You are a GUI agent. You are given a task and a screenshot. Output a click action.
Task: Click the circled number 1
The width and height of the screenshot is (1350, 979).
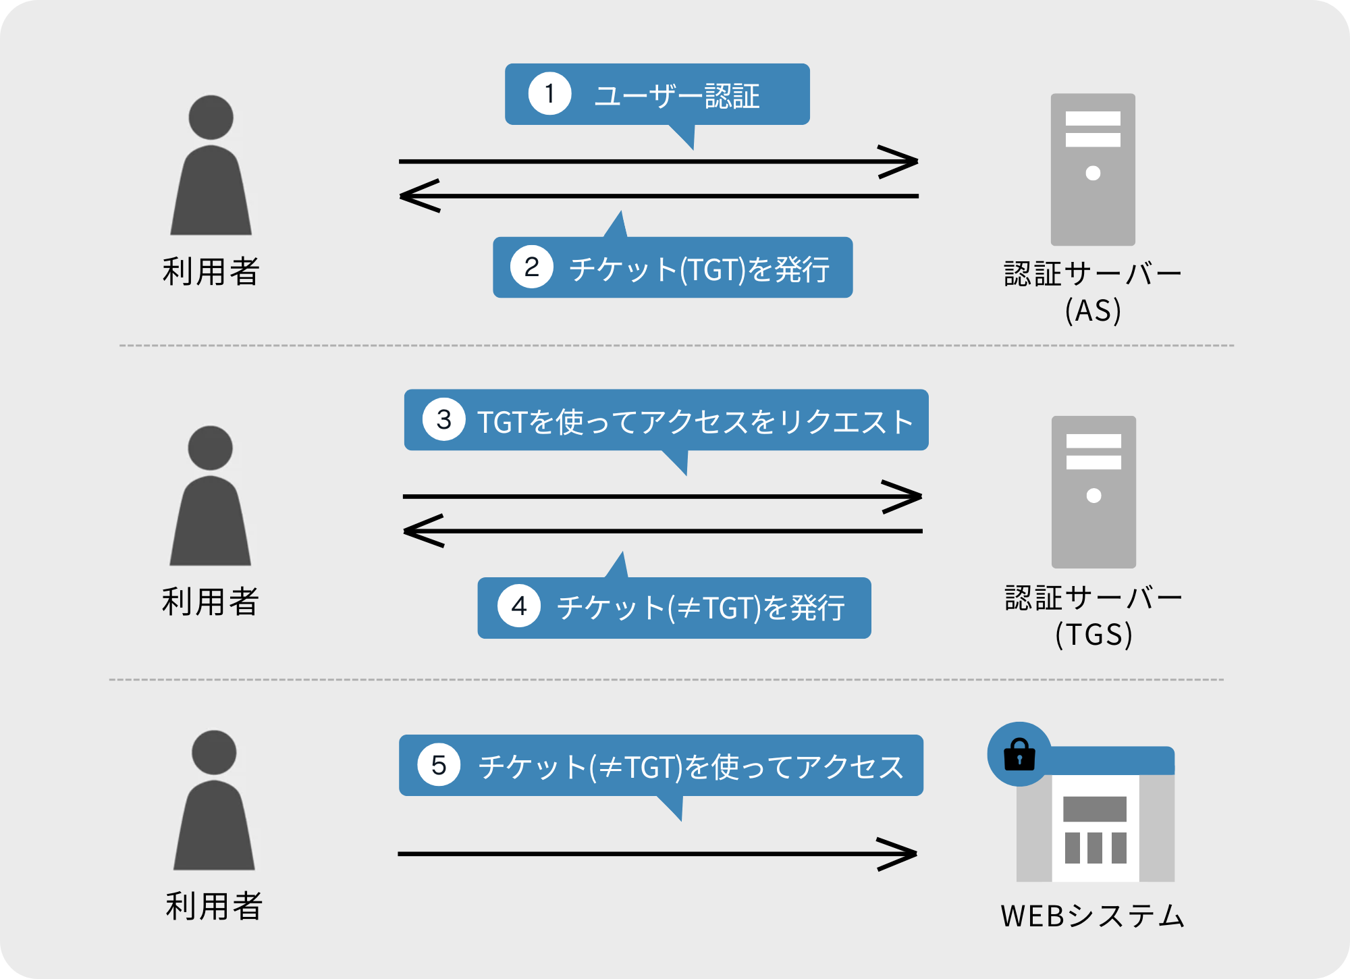click(x=549, y=94)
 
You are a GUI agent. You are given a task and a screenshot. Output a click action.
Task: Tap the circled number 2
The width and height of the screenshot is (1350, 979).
click(x=532, y=267)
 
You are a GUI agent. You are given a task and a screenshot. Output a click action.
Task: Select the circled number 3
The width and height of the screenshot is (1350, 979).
click(x=443, y=420)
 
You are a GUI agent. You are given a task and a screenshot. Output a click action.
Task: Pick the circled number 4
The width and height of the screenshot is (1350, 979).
click(x=519, y=606)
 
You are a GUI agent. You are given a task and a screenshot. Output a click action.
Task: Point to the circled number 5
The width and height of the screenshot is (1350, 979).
click(x=439, y=766)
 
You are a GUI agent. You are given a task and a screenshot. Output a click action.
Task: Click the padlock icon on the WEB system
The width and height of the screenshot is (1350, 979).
click(x=1019, y=755)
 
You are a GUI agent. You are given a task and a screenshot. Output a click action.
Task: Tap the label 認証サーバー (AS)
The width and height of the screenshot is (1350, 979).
click(x=1093, y=292)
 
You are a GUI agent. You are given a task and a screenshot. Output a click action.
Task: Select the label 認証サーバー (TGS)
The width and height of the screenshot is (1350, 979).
click(x=1093, y=615)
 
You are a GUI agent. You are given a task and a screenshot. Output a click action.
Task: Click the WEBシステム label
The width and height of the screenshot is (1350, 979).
click(x=1093, y=916)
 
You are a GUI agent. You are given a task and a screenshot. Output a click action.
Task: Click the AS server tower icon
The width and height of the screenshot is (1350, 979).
click(x=1093, y=169)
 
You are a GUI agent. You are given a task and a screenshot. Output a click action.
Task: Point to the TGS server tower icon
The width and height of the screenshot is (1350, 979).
click(x=1093, y=492)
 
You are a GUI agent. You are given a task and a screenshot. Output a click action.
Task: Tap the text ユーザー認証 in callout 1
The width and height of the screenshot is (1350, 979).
click(x=677, y=96)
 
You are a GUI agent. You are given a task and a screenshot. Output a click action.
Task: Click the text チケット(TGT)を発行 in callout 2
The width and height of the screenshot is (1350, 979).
click(x=699, y=269)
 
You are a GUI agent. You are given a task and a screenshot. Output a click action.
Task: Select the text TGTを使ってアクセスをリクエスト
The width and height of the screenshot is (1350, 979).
click(x=695, y=422)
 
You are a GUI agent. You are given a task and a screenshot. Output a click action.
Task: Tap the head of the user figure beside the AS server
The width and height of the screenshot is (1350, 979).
click(x=211, y=117)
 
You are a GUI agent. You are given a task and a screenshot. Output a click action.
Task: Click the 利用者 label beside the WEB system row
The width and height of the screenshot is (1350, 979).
click(x=214, y=906)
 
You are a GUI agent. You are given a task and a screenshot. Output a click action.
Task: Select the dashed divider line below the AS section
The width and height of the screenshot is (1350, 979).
click(x=675, y=346)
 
